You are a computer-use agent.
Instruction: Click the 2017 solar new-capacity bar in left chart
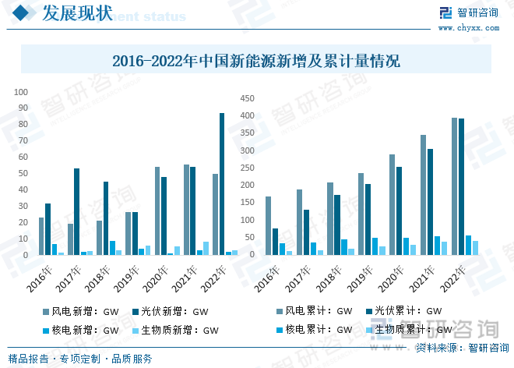click(x=76, y=211)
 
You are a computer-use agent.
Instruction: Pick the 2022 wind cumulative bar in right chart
click(x=455, y=186)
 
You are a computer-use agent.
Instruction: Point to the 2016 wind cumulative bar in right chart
click(x=268, y=225)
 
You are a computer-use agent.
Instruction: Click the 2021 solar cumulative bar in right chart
click(x=431, y=202)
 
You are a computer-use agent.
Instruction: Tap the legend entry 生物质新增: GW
click(x=175, y=330)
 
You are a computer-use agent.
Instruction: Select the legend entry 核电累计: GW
click(x=312, y=330)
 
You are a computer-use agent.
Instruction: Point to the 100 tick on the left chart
click(x=22, y=90)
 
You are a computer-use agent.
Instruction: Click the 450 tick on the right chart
click(x=247, y=98)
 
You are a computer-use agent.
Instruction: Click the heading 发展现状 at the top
click(x=76, y=13)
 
